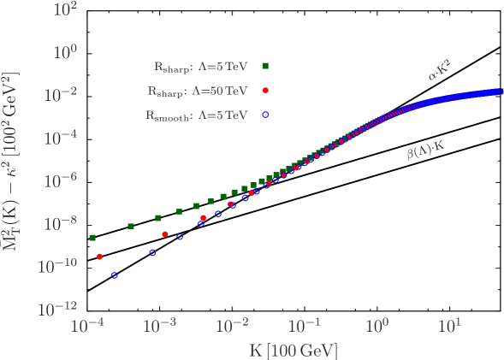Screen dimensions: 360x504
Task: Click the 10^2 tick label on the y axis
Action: [x=64, y=10]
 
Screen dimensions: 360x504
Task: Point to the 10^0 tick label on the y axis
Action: [x=64, y=52]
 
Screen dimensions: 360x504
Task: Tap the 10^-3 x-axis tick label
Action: [x=159, y=327]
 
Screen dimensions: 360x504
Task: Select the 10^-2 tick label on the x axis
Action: [x=232, y=327]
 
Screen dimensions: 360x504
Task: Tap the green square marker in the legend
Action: [x=266, y=65]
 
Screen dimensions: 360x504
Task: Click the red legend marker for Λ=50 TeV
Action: [x=266, y=89]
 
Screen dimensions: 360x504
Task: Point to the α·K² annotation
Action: [x=440, y=74]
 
